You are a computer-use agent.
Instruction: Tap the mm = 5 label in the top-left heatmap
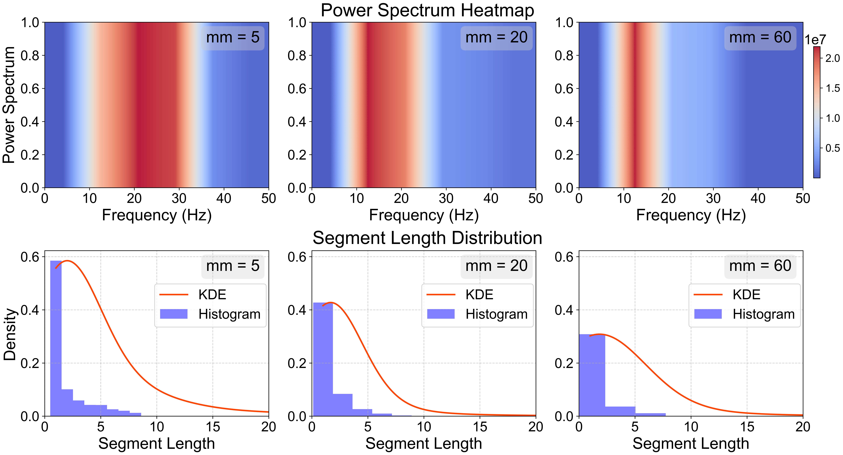click(233, 38)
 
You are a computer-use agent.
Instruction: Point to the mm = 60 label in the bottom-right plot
click(760, 266)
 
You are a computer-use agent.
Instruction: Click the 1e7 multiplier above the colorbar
click(815, 40)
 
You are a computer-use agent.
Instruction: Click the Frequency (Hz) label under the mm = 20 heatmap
click(424, 215)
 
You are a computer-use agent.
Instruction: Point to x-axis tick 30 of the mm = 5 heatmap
click(179, 198)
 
